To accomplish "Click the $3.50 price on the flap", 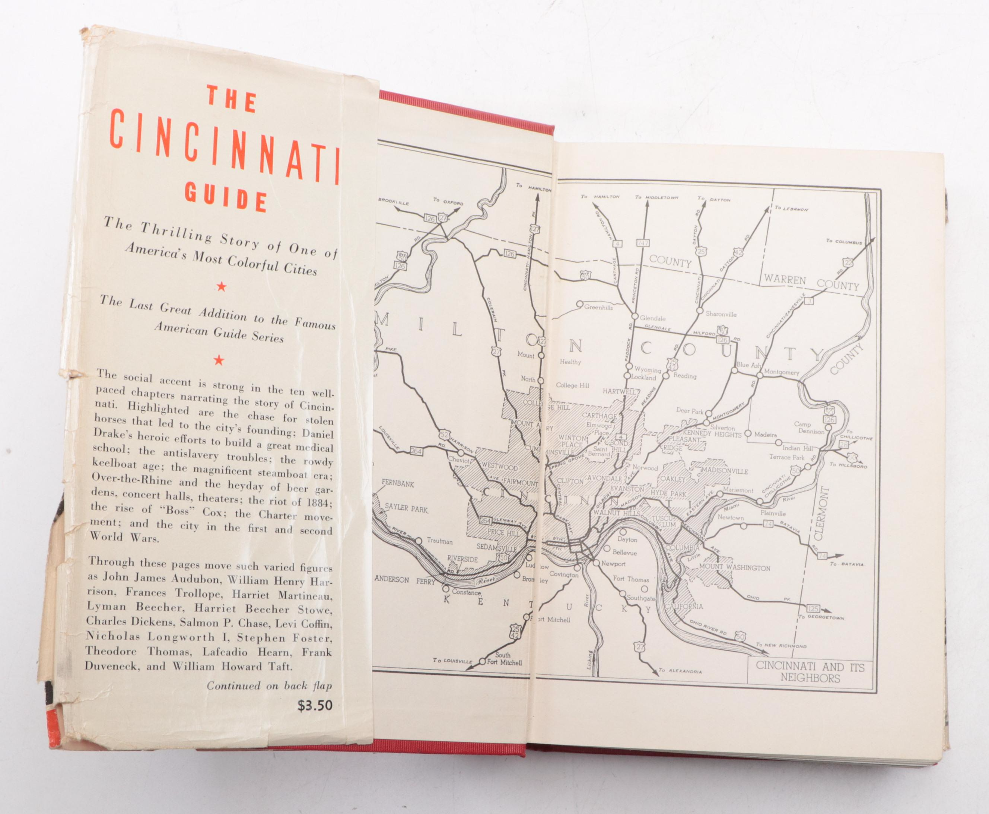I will pos(315,705).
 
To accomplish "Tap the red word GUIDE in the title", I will pos(226,195).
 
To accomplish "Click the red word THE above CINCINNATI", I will pos(232,100).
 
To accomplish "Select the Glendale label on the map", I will pos(652,318).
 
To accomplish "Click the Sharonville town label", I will pos(721,314).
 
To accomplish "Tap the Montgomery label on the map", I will pos(781,372).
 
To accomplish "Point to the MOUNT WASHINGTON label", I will pos(734,568).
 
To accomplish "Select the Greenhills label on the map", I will pos(598,308).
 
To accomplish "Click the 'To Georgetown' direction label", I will pos(821,617).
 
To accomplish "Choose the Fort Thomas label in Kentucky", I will pos(631,579).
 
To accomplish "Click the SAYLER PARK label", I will pos(406,508).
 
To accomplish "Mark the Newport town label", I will pos(613,564).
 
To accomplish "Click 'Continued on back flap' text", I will pos(269,686).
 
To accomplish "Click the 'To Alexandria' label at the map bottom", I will pos(680,671).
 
